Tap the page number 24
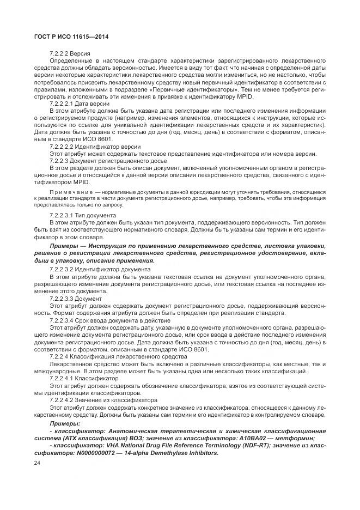pos(38,463)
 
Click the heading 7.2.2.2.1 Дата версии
pos(80,103)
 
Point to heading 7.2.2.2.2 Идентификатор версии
pos(95,147)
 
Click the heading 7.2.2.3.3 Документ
pos(76,299)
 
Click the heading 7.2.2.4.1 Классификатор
pos(84,378)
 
